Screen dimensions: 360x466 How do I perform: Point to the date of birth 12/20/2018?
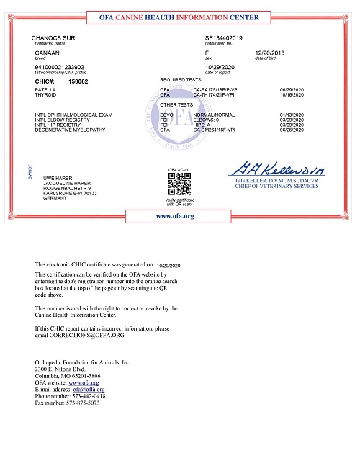[x=269, y=53]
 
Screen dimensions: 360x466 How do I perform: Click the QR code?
[x=178, y=185]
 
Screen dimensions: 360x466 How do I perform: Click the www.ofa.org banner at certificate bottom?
[x=175, y=215]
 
